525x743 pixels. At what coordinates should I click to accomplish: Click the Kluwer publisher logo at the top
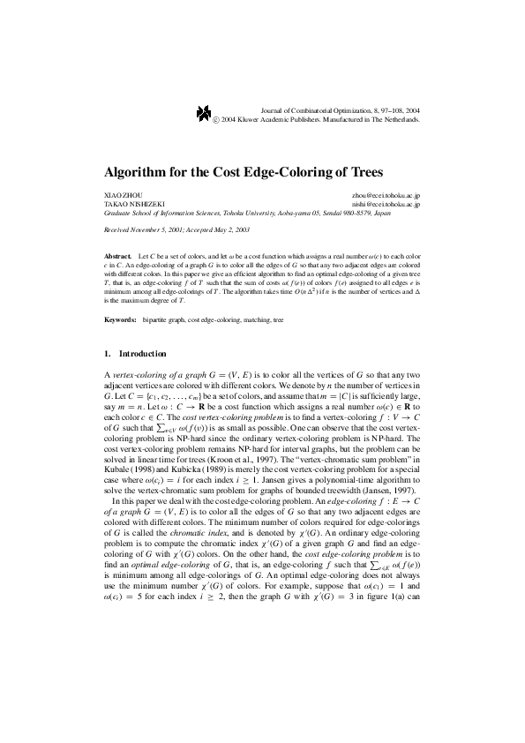tap(203, 112)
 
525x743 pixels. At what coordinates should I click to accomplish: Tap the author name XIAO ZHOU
tap(123, 194)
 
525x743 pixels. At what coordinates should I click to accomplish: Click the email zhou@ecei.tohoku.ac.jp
tap(385, 194)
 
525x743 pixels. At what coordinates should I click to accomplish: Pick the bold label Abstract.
tap(117, 254)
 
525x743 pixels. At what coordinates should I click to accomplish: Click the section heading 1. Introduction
tap(135, 353)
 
